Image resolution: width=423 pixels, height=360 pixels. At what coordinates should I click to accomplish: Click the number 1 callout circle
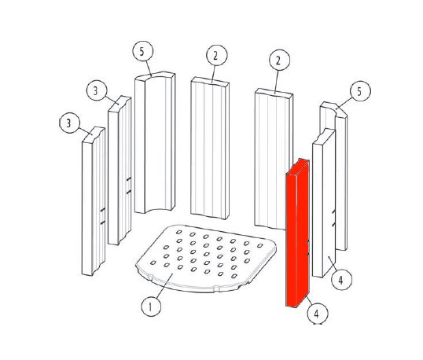pos(151,307)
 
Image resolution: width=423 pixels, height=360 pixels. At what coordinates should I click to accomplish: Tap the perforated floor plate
pos(206,259)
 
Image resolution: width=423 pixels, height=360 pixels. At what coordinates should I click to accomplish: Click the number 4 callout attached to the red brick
pos(318,314)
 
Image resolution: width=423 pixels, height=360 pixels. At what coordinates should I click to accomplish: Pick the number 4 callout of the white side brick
pos(341,280)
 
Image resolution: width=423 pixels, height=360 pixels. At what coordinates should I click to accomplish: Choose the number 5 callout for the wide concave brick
pos(143,51)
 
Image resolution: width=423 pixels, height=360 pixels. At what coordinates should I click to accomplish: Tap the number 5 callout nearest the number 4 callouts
pos(360,91)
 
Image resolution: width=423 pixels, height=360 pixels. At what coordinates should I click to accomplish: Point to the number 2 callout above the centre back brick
pos(217,55)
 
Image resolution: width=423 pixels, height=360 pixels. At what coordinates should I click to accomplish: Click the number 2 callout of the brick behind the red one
pos(279,61)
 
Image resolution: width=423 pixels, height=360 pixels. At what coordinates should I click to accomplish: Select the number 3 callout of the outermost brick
pos(70,123)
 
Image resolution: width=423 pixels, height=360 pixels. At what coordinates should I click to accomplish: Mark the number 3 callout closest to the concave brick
pos(97,90)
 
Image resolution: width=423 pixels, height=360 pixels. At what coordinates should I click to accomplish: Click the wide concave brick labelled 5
pos(155,142)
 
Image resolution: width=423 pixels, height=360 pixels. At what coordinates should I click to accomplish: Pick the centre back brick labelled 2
pos(210,148)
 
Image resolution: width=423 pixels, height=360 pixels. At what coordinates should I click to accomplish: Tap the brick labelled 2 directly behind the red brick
pos(274,159)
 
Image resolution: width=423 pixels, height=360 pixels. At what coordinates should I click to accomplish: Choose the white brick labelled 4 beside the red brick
pos(324,203)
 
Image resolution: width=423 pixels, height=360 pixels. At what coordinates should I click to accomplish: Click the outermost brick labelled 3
pos(94,201)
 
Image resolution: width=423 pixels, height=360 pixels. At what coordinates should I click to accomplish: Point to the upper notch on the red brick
pos(307,242)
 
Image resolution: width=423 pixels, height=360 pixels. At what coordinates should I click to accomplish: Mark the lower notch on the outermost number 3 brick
pos(102,222)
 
